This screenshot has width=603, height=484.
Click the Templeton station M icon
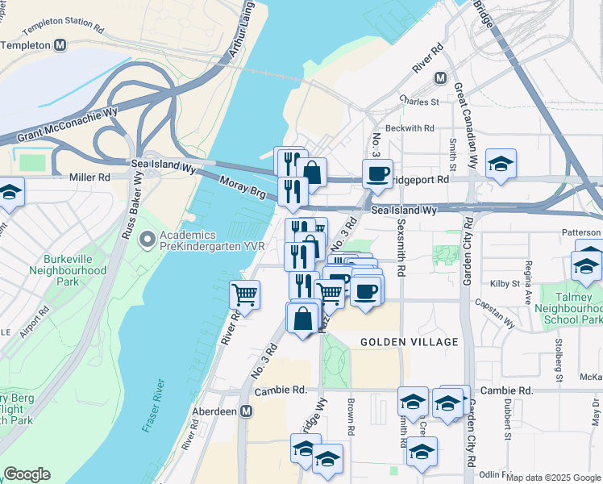(x=60, y=46)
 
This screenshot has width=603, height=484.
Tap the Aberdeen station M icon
(x=247, y=411)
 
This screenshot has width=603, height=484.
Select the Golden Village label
(x=409, y=342)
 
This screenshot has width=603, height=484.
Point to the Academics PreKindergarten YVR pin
(x=147, y=240)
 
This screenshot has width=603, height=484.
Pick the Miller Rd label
(x=89, y=177)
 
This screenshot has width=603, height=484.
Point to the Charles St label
(x=419, y=102)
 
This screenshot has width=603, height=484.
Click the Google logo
(x=27, y=474)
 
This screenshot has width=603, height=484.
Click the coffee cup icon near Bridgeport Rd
(x=377, y=173)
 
